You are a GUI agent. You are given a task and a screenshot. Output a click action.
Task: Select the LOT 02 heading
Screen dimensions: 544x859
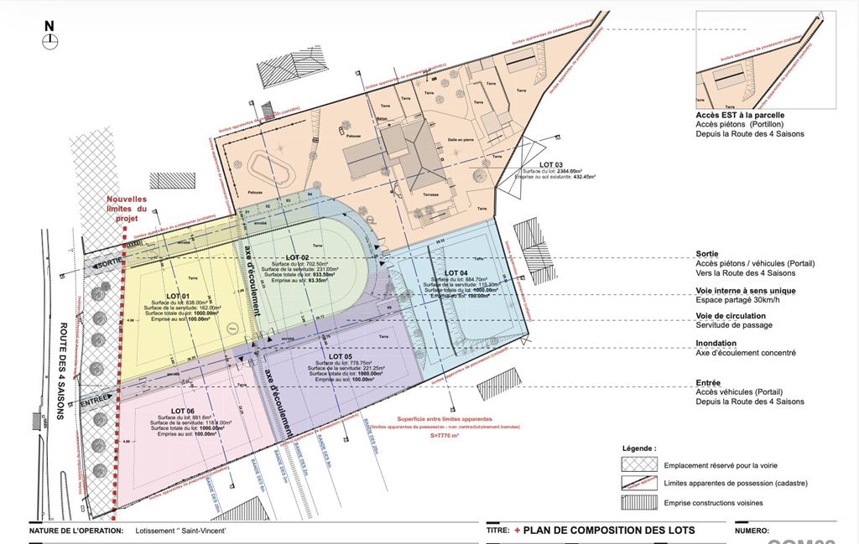point(298,256)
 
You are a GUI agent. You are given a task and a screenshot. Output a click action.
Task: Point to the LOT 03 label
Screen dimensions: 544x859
point(551,164)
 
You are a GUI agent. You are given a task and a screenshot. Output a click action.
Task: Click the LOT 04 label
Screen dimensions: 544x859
point(456,273)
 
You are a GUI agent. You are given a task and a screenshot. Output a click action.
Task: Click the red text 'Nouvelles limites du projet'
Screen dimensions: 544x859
point(126,209)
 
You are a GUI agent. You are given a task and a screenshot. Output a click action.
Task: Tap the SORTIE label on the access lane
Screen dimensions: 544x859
point(109,264)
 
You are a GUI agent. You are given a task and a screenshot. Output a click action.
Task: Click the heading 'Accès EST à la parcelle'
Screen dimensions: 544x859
point(740,116)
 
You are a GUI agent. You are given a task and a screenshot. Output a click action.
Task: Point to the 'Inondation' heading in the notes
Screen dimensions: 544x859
point(716,344)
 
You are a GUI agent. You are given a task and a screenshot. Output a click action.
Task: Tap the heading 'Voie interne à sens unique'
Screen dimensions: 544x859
point(746,291)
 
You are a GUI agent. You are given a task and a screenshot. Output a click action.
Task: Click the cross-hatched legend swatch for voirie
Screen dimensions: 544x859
point(638,464)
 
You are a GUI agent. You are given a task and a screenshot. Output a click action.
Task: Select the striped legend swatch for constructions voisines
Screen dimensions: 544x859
point(638,503)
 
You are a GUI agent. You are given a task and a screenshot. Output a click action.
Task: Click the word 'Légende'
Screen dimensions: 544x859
point(639,449)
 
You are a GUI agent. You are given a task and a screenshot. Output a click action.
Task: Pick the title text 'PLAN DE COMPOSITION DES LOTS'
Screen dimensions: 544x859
point(608,531)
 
